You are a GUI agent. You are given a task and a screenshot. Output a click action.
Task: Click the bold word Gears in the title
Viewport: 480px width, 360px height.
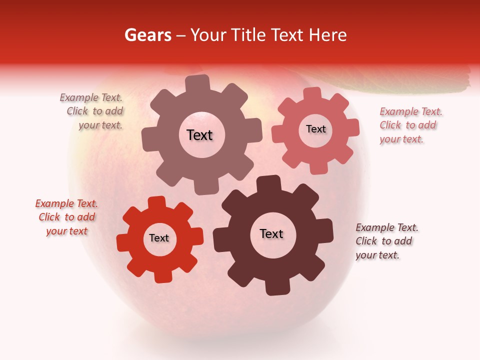pyautogui.click(x=147, y=35)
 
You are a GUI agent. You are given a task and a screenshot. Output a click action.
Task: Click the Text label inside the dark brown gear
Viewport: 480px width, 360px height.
pyautogui.click(x=271, y=234)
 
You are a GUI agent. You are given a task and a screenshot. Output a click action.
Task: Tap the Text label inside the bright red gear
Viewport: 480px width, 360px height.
pyautogui.click(x=159, y=238)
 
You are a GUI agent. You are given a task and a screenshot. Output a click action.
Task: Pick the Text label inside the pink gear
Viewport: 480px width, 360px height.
pyautogui.click(x=315, y=129)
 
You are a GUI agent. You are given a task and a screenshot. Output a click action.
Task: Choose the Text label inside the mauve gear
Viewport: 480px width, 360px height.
pyautogui.click(x=199, y=135)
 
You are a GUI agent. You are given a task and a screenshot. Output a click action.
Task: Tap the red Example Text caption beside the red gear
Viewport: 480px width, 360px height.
pyautogui.click(x=66, y=217)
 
